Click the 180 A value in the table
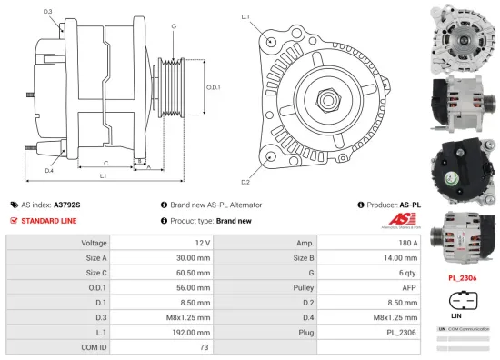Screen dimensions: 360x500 (x=408, y=243)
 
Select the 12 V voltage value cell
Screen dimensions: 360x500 (x=201, y=243)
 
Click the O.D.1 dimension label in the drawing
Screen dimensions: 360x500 (x=214, y=87)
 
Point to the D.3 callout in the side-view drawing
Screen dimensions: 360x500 (x=47, y=12)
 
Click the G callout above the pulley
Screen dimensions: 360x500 (x=173, y=26)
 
